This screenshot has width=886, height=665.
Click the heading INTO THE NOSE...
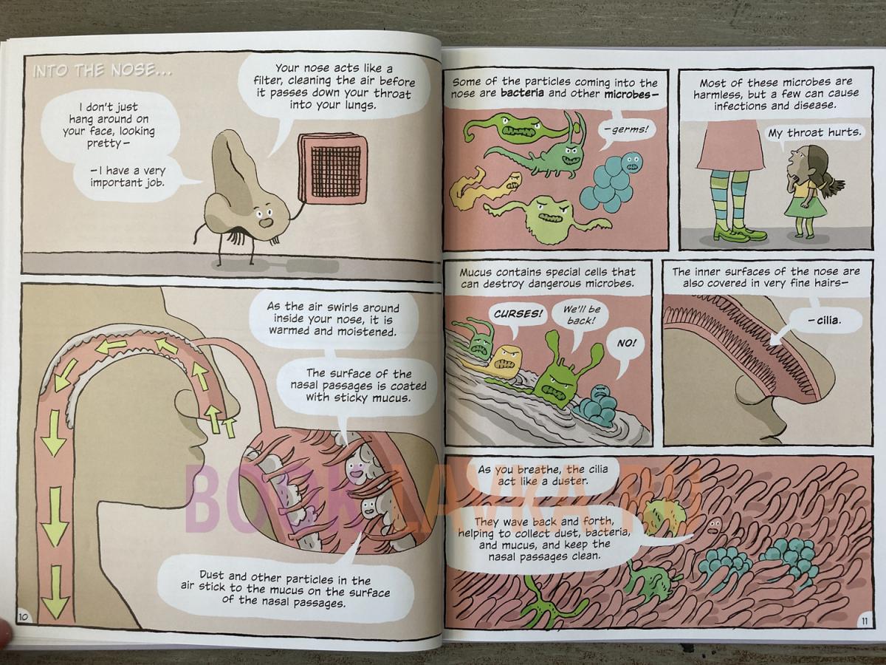[103, 72]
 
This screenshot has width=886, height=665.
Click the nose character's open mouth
[265, 222]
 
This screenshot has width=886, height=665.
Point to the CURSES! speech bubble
[518, 314]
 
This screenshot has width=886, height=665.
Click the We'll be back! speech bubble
[581, 315]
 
